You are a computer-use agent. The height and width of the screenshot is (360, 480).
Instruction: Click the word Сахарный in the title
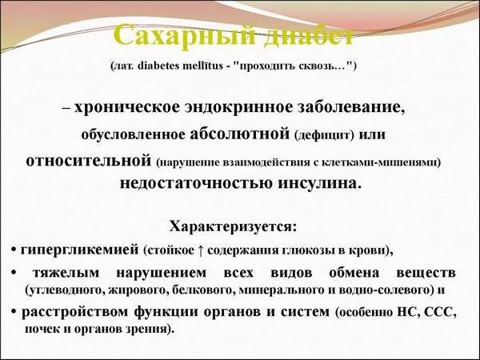click(184, 36)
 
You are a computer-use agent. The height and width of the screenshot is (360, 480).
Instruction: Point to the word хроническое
click(126, 107)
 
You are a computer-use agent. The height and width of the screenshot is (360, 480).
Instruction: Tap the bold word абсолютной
click(240, 134)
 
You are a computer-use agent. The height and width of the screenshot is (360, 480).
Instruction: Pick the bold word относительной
click(89, 161)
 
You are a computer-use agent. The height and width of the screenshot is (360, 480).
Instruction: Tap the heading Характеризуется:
click(234, 227)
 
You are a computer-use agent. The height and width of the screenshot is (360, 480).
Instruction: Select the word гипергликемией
click(79, 250)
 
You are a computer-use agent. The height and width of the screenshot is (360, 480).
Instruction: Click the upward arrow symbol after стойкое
click(200, 250)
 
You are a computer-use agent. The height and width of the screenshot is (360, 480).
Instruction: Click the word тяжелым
click(66, 273)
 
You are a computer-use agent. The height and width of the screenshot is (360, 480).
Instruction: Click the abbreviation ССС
click(438, 312)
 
